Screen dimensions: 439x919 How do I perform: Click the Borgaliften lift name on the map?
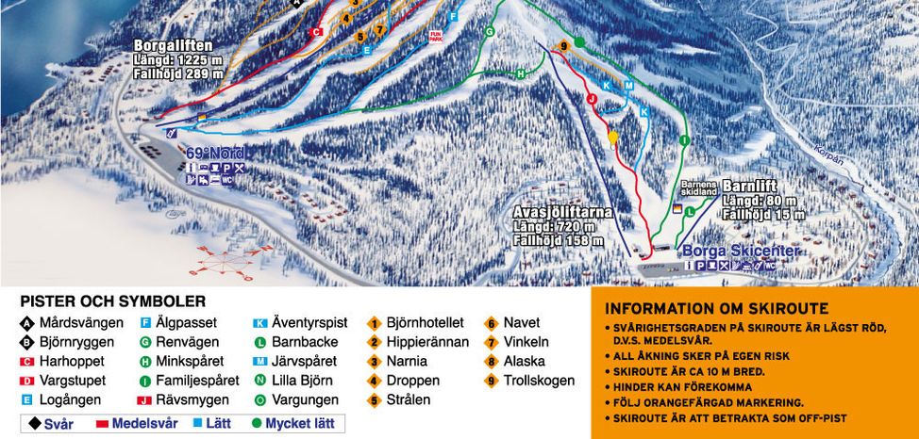(x=173, y=44)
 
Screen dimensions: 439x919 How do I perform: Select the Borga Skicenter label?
(x=741, y=251)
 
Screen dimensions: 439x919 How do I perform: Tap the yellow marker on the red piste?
(x=612, y=138)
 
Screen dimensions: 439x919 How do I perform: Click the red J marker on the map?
(x=593, y=97)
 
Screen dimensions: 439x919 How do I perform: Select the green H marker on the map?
(x=520, y=73)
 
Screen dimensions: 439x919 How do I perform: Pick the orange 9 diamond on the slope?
(x=562, y=46)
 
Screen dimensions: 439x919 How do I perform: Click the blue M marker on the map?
(x=627, y=85)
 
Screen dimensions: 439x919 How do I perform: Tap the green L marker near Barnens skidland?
(x=690, y=211)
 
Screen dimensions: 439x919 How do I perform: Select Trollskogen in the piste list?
(x=538, y=381)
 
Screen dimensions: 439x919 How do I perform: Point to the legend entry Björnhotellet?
(x=425, y=323)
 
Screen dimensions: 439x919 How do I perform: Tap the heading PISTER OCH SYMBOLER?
(x=112, y=301)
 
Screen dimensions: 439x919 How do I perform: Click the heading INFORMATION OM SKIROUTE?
(x=716, y=308)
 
